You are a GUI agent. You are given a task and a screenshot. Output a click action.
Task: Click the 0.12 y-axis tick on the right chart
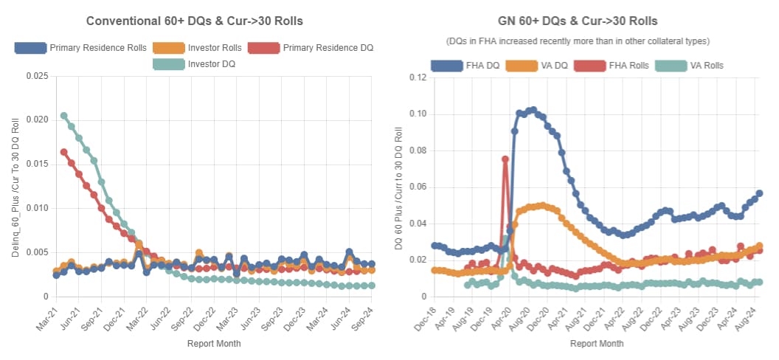pyautogui.click(x=418, y=77)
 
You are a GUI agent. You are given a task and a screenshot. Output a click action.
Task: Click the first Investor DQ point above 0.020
pyautogui.click(x=64, y=116)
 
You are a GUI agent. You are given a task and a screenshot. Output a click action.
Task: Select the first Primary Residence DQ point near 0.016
pyautogui.click(x=64, y=152)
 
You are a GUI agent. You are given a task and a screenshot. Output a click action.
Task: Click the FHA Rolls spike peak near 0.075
pyautogui.click(x=505, y=159)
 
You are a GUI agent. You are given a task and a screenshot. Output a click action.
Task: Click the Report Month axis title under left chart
pyautogui.click(x=213, y=343)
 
